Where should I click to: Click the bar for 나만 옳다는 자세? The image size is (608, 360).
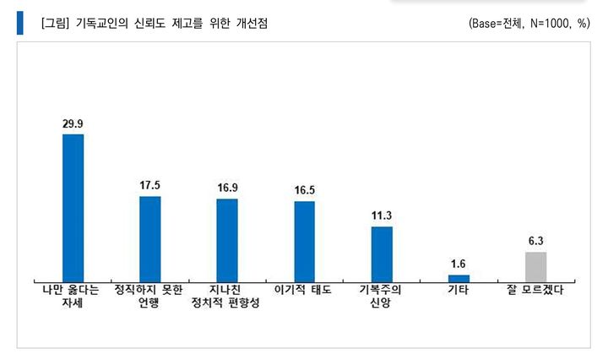[73, 207]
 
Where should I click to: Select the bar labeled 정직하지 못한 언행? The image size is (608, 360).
[149, 237]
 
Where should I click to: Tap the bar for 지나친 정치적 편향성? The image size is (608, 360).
[227, 239]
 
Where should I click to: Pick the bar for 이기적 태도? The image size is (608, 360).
[304, 240]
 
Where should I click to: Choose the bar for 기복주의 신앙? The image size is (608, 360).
[382, 253]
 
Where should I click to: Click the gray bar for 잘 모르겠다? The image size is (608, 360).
[536, 265]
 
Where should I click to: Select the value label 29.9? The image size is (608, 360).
[73, 123]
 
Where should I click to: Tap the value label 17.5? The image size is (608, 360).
[149, 185]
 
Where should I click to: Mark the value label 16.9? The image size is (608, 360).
[227, 188]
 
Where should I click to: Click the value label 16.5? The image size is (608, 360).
[304, 190]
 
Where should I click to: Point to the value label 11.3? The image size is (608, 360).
[382, 215]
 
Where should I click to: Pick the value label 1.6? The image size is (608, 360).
[459, 264]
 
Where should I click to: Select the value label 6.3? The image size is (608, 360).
[536, 240]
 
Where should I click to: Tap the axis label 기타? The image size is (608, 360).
[459, 290]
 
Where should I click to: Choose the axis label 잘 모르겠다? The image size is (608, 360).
[536, 290]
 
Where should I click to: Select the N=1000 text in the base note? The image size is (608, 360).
[551, 24]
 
